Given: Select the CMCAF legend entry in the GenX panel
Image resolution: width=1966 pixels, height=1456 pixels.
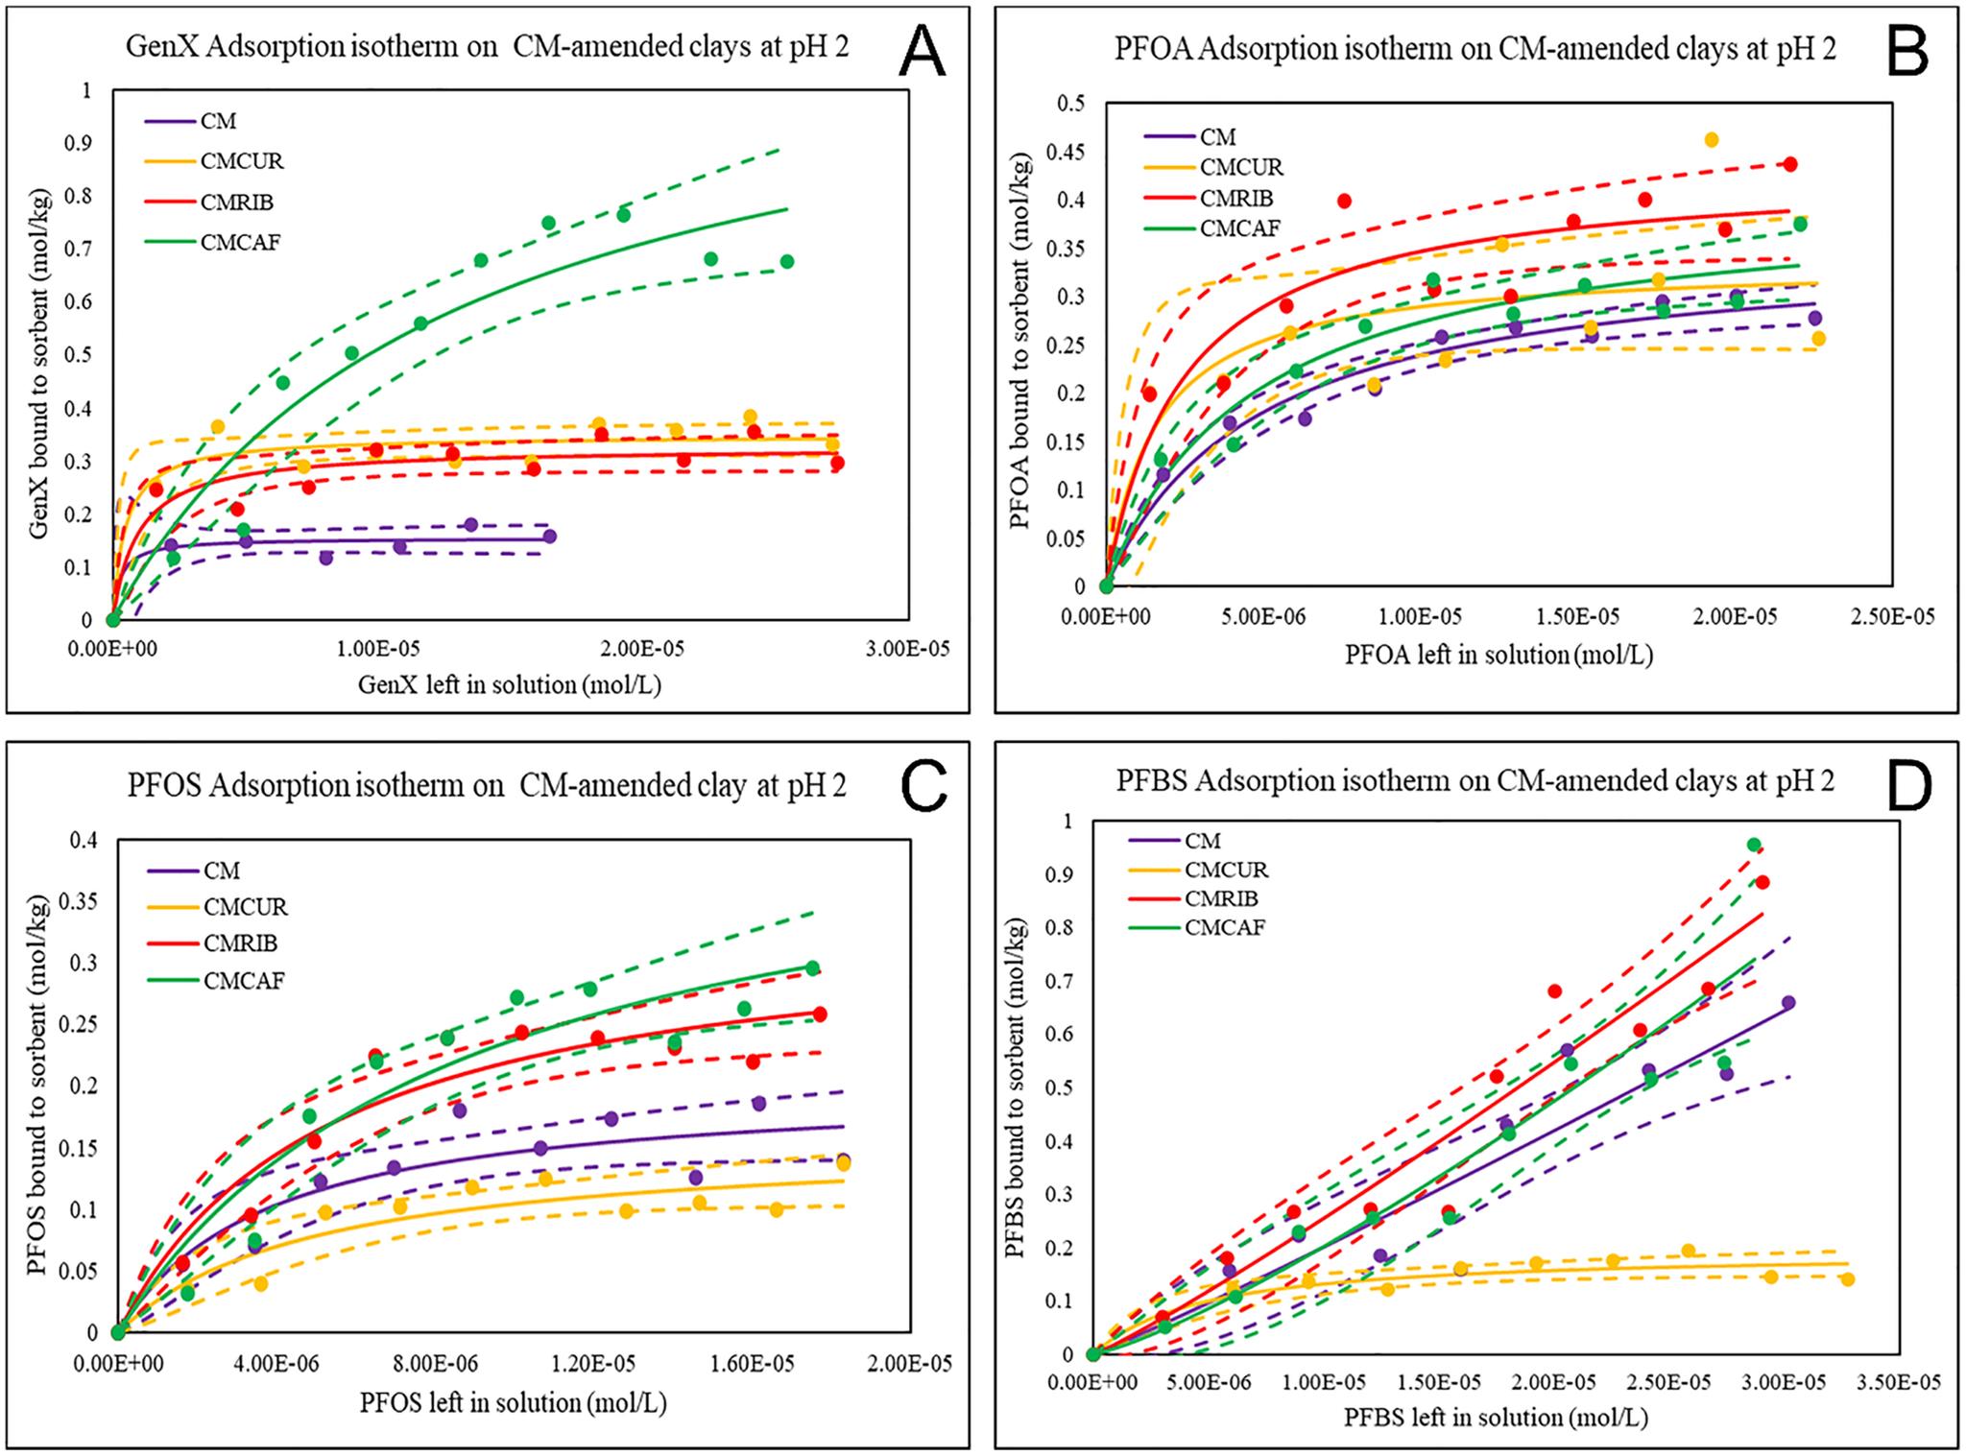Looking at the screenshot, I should click(240, 242).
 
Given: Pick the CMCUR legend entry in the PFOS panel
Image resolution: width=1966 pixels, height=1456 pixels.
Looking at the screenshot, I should click(245, 907).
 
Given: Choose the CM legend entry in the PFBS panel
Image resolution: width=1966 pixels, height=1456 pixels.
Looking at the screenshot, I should click(1202, 841).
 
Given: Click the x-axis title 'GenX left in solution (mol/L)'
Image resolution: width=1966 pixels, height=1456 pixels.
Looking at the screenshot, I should click(510, 684).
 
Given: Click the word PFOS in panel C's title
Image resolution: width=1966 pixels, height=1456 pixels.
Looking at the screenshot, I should click(164, 785).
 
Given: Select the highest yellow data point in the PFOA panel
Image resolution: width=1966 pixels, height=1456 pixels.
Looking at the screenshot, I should click(1711, 140).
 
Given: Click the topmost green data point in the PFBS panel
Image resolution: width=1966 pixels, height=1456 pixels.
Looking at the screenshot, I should click(1754, 846).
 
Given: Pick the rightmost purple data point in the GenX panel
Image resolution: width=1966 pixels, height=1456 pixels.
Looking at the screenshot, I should click(549, 537).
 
